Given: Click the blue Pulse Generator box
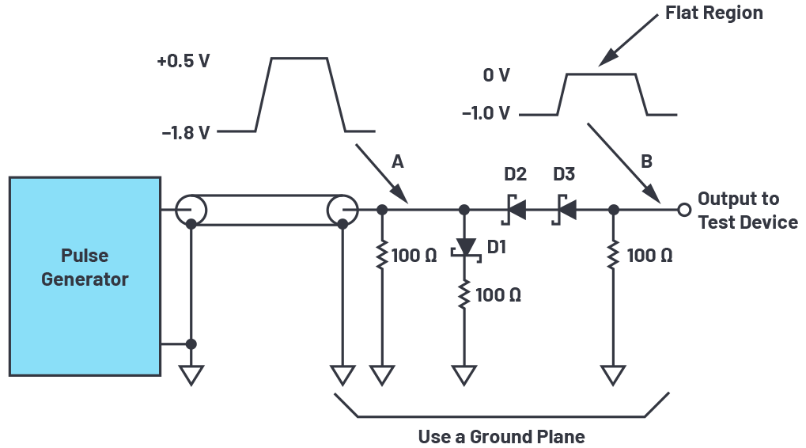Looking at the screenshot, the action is tap(85, 276).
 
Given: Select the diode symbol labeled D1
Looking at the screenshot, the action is tap(466, 249).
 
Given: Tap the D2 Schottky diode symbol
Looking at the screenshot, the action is tap(514, 210).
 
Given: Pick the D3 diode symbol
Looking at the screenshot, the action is tap(565, 210).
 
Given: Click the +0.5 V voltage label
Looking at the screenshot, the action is tap(184, 61).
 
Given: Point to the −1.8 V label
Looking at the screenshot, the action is tap(186, 133).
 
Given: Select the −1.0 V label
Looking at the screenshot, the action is tap(486, 112).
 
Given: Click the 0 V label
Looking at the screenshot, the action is tap(497, 75).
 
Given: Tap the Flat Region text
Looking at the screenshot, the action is tap(714, 13).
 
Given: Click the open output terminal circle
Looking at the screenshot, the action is tap(684, 210).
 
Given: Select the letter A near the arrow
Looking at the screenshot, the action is tap(397, 162).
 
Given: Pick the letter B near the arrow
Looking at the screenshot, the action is tap(647, 161).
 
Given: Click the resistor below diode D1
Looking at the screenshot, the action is tap(464, 294).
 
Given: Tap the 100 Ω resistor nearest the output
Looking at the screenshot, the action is tap(613, 255).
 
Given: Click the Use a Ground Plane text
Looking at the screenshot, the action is tap(501, 437).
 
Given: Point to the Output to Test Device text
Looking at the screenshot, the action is tap(748, 211).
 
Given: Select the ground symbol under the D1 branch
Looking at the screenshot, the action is tap(464, 375).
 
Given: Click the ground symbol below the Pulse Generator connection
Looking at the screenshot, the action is tap(191, 375).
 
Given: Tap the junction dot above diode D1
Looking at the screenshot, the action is tap(464, 210).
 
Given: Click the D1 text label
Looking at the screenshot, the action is tap(497, 247).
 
